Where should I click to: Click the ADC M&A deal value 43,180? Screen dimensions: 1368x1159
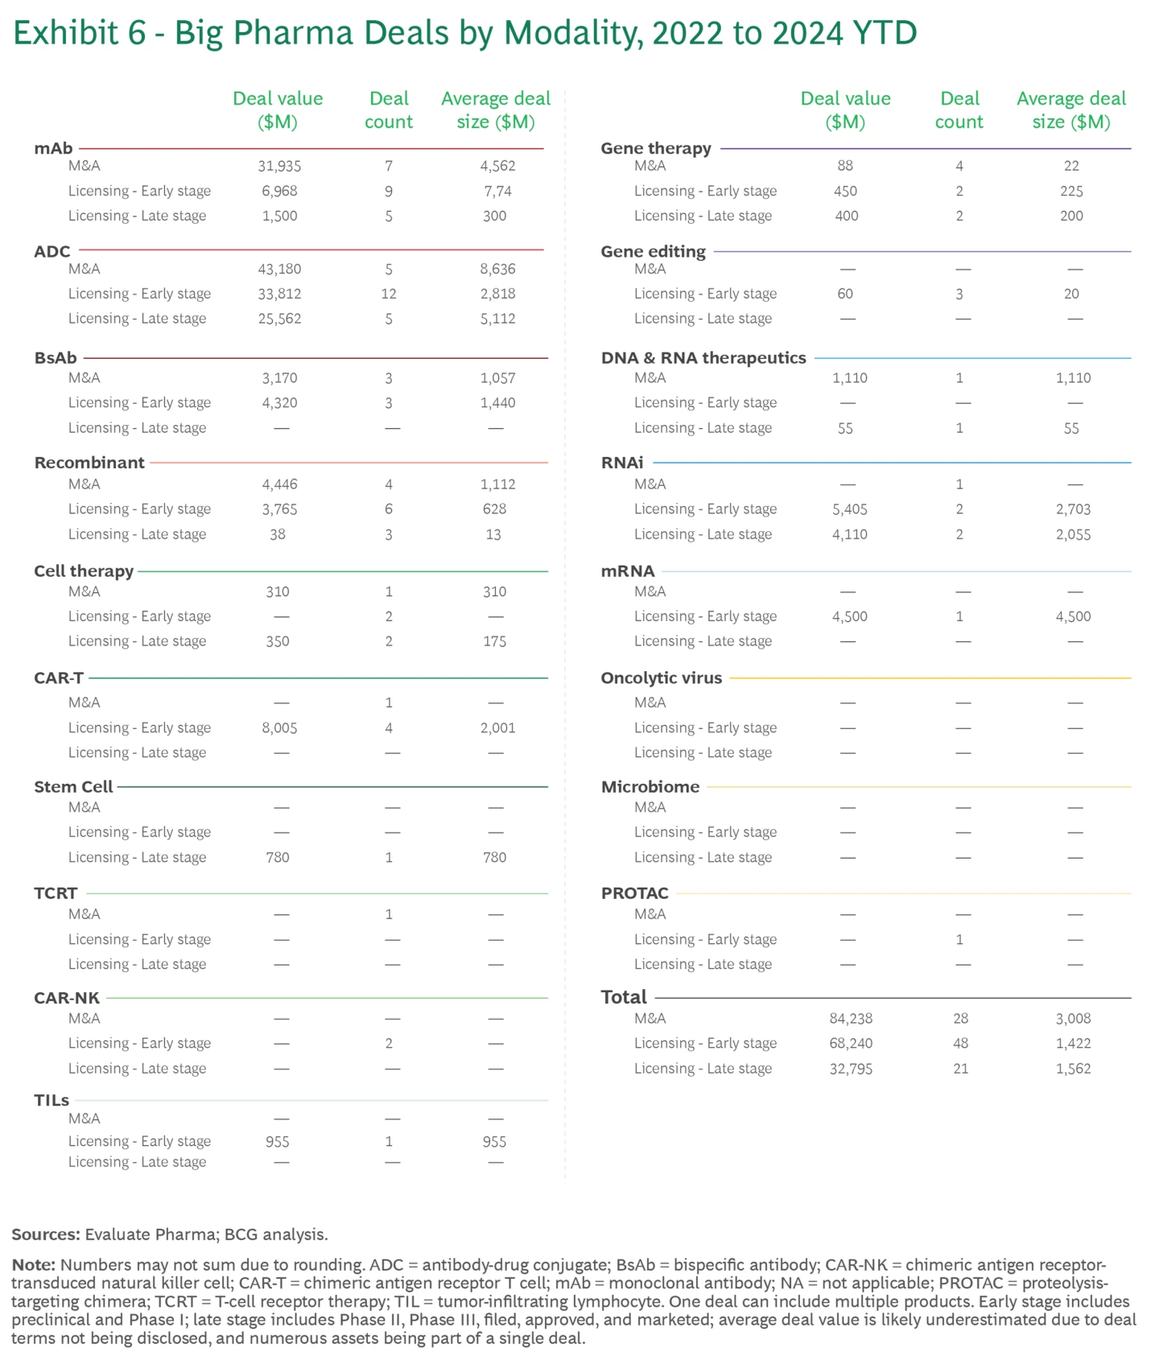(279, 269)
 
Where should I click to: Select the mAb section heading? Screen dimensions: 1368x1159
(53, 148)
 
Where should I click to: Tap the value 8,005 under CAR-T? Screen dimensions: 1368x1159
(279, 727)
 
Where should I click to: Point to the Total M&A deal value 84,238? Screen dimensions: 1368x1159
(851, 1018)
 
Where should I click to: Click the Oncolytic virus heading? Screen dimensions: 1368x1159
(661, 678)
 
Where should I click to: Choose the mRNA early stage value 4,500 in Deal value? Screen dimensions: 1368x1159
(850, 616)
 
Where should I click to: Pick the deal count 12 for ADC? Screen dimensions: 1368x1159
(389, 294)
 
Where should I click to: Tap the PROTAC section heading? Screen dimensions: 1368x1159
(634, 893)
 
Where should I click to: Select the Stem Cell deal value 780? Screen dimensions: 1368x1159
(278, 857)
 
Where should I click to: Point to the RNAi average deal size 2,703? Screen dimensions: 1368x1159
(1073, 509)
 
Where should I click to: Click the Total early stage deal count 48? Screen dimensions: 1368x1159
(960, 1043)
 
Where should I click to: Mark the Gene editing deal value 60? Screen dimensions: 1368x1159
(845, 294)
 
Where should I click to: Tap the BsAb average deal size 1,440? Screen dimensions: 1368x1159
(497, 402)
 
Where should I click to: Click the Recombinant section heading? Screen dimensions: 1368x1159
(89, 463)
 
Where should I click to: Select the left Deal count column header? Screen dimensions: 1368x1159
(389, 110)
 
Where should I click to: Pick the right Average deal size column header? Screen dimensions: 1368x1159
(1071, 110)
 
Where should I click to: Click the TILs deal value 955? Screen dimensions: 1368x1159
(278, 1141)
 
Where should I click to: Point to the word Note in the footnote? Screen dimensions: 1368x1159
(33, 1265)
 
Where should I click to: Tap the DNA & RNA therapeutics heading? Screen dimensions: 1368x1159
(703, 358)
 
